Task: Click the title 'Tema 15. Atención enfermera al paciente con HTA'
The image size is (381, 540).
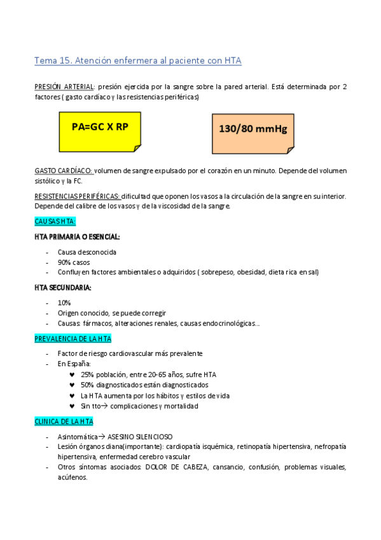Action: click(x=138, y=61)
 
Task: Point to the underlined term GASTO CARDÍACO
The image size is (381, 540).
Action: click(x=64, y=171)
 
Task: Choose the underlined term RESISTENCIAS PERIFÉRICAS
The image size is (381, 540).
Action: click(x=77, y=196)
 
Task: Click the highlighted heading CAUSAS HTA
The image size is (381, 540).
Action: click(x=55, y=222)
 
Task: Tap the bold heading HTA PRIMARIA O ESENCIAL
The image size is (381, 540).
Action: click(x=77, y=236)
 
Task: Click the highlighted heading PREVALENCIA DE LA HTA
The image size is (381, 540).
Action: click(x=73, y=339)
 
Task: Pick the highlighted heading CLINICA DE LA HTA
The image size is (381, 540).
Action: click(x=64, y=422)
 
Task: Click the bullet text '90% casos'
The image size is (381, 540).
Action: click(x=74, y=262)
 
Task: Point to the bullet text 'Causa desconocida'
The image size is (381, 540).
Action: click(x=87, y=252)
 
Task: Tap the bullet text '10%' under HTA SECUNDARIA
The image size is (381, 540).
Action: click(x=64, y=302)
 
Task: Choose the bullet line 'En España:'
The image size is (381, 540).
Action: click(x=74, y=364)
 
